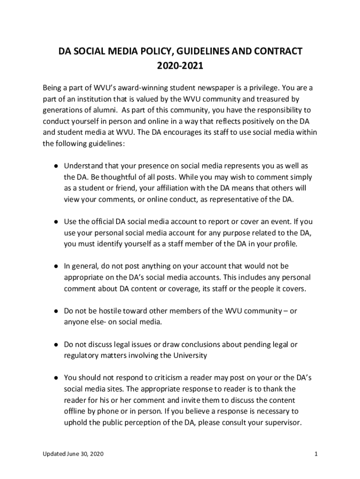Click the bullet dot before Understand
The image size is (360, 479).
(55, 166)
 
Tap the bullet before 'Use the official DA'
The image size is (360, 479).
(55, 222)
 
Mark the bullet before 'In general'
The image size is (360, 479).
(55, 266)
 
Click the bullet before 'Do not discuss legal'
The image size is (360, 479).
(55, 344)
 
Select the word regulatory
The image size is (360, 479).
(82, 356)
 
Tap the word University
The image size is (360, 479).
(189, 356)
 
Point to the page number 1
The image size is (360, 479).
(317, 454)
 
